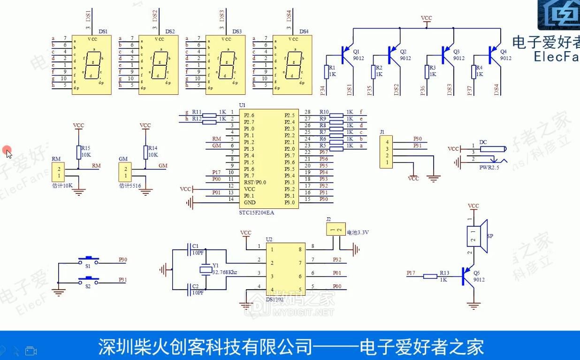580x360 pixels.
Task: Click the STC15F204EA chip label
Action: click(x=256, y=213)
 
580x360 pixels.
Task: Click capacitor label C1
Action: click(x=195, y=246)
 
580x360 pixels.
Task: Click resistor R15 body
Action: click(x=79, y=152)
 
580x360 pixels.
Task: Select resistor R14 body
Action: click(x=145, y=152)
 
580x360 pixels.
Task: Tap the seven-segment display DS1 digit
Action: click(x=92, y=65)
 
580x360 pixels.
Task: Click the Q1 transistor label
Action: click(x=356, y=51)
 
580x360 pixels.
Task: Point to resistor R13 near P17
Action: click(x=430, y=276)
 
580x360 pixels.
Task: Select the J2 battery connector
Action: click(x=335, y=230)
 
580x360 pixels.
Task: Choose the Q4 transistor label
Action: click(x=504, y=51)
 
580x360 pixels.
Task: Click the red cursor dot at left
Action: click(x=6, y=150)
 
